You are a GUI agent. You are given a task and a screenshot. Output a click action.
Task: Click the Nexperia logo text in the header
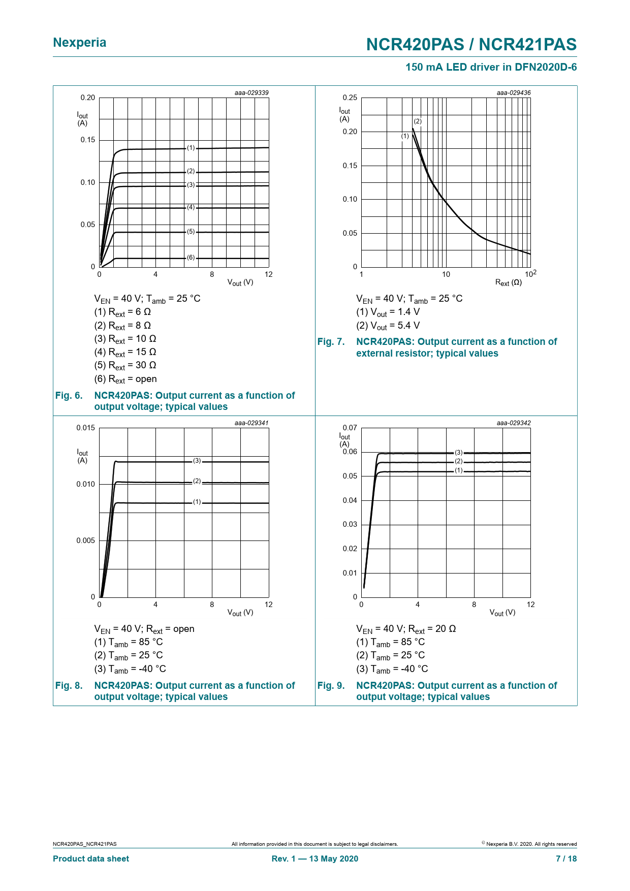pyautogui.click(x=80, y=43)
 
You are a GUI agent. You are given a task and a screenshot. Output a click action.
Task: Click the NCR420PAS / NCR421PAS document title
pyautogui.click(x=471, y=45)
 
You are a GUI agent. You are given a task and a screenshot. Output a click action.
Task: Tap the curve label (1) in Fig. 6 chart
pyautogui.click(x=191, y=148)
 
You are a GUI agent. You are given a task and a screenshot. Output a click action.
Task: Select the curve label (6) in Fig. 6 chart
pyautogui.click(x=191, y=258)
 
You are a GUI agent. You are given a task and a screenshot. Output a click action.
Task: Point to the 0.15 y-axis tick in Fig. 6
pyautogui.click(x=87, y=140)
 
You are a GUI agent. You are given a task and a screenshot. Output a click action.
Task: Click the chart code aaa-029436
pyautogui.click(x=513, y=93)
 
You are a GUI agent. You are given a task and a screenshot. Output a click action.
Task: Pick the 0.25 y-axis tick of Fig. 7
pyautogui.click(x=350, y=98)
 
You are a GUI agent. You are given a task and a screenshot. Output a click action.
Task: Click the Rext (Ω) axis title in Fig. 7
pyautogui.click(x=508, y=282)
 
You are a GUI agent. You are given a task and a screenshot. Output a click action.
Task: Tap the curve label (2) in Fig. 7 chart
pyautogui.click(x=418, y=121)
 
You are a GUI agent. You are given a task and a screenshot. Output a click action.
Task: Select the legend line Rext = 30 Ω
pyautogui.click(x=125, y=366)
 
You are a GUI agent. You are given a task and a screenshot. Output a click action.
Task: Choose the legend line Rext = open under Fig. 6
pyautogui.click(x=125, y=379)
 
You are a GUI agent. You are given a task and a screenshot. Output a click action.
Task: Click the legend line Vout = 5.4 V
pyautogui.click(x=388, y=326)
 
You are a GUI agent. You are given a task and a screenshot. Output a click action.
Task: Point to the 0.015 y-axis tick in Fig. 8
pyautogui.click(x=85, y=428)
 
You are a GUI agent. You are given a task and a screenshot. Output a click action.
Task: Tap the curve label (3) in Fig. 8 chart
pyautogui.click(x=197, y=461)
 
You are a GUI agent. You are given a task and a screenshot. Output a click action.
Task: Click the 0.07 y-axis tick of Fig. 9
pyautogui.click(x=350, y=428)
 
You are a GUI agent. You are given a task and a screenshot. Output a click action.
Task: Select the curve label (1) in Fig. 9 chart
pyautogui.click(x=459, y=470)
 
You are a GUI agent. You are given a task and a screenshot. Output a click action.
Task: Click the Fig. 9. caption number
pyautogui.click(x=331, y=686)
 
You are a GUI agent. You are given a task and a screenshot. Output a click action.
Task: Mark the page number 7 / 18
pyautogui.click(x=566, y=859)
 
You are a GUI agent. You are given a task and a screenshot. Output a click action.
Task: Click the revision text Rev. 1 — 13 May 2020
pyautogui.click(x=314, y=859)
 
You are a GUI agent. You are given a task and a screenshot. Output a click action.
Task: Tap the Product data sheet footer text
pyautogui.click(x=91, y=859)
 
